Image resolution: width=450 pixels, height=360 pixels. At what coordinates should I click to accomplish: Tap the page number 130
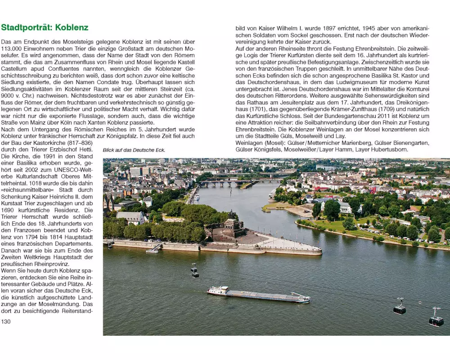click(x=6, y=321)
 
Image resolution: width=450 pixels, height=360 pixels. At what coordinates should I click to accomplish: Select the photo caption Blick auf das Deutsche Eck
click(x=134, y=150)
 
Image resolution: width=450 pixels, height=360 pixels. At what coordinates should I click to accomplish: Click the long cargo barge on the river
click(x=258, y=295)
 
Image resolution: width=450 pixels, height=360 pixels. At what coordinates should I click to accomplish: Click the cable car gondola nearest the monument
click(x=194, y=270)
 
